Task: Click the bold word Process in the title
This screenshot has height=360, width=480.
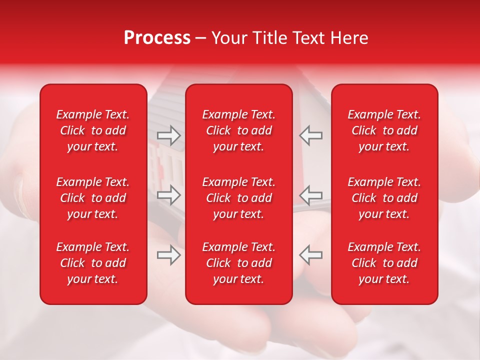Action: point(157,38)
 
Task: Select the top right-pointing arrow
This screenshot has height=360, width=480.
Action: point(168,135)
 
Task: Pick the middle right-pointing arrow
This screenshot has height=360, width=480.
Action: point(168,194)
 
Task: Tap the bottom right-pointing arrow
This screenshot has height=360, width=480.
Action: point(168,255)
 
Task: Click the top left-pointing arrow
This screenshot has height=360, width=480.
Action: point(310,135)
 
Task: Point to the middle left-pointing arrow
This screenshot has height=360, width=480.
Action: point(310,194)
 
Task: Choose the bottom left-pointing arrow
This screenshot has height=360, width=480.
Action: point(310,255)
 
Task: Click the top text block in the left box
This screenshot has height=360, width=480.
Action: point(93,130)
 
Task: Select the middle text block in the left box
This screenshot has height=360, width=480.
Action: point(93,198)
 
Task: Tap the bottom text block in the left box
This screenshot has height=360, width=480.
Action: point(93,263)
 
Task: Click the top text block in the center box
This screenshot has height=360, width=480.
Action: point(239,130)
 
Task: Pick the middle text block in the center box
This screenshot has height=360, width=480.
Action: point(239,198)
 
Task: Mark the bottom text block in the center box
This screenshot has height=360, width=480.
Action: point(239,263)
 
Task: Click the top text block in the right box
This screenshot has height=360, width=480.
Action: point(384,130)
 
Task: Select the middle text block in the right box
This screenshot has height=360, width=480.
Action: point(384,198)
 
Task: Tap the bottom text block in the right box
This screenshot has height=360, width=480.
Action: point(384,263)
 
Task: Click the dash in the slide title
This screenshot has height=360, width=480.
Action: point(201,38)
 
